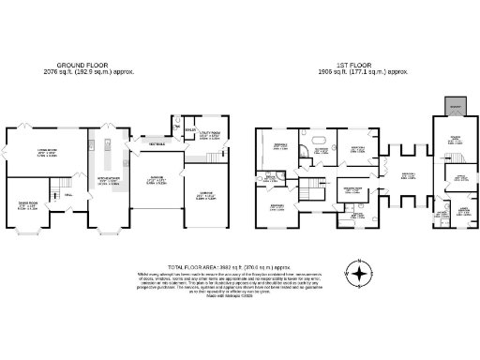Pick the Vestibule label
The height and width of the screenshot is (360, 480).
point(154,142)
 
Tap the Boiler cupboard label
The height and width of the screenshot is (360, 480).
point(190,131)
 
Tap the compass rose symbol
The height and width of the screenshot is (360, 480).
point(356,275)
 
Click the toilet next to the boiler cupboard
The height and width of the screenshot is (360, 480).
point(175,122)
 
